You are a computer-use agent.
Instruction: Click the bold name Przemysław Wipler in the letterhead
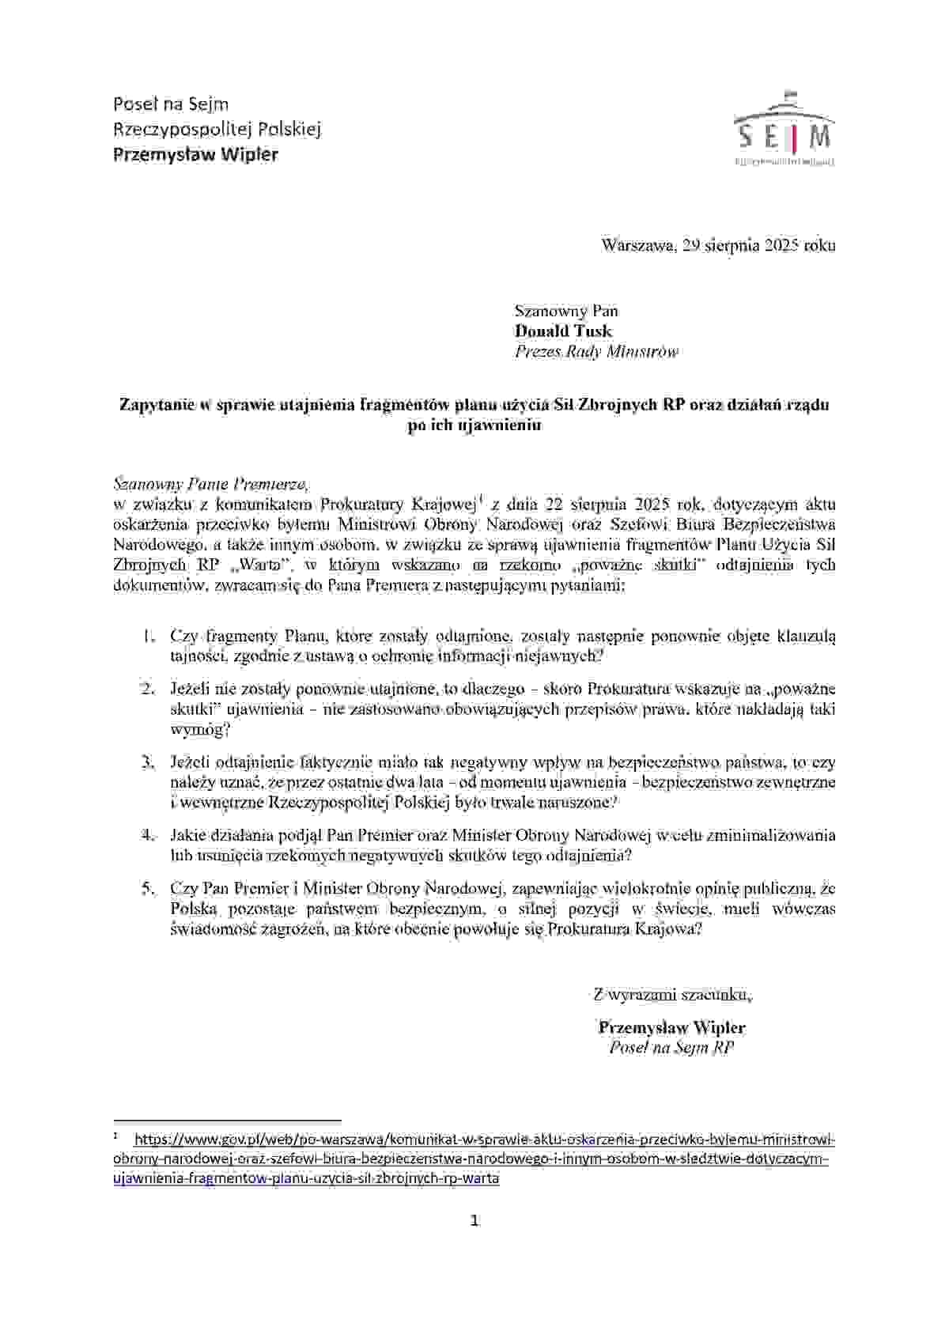[x=196, y=154]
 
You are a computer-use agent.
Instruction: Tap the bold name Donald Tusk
[x=563, y=331]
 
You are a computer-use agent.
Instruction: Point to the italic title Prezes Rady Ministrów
[x=596, y=352]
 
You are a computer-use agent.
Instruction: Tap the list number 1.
[x=149, y=636]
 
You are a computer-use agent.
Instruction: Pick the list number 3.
[x=149, y=762]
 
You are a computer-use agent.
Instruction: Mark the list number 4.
[x=149, y=835]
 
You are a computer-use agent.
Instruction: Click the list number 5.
[x=149, y=888]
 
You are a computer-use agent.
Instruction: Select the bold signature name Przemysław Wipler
[x=672, y=1028]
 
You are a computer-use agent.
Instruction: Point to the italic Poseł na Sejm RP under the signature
[x=672, y=1048]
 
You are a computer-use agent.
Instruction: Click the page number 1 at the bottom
[x=475, y=1220]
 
